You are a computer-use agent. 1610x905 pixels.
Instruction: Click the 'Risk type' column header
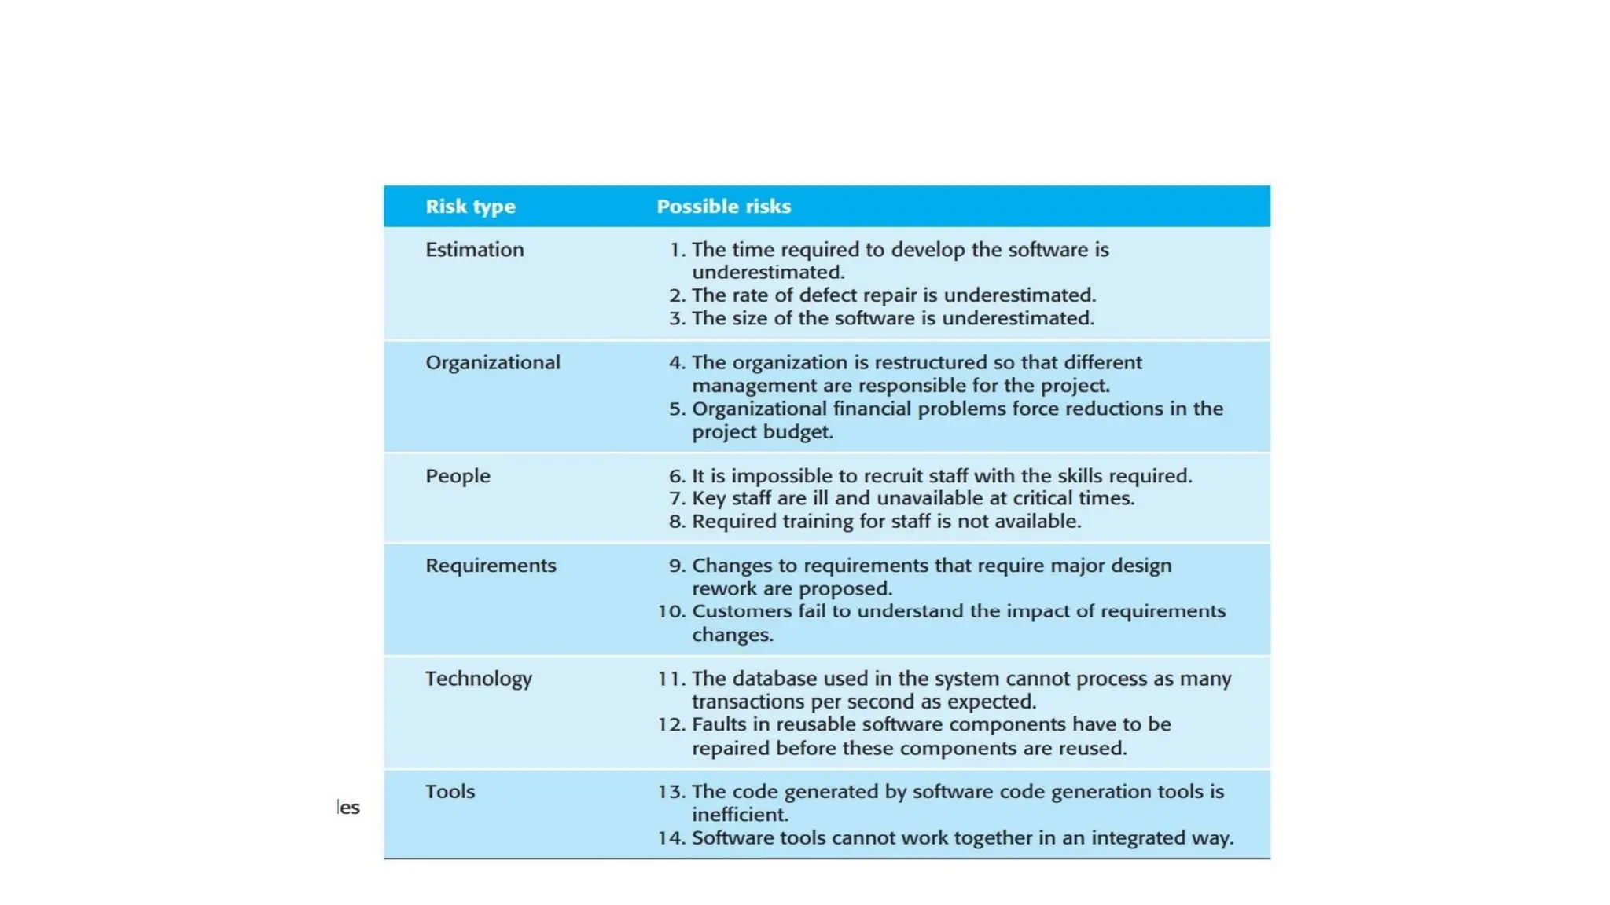[x=470, y=207]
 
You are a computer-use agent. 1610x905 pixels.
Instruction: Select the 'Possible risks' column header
[x=723, y=207]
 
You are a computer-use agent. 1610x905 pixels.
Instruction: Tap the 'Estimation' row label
[x=474, y=250]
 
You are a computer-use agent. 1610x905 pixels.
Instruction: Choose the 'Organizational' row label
[x=493, y=363]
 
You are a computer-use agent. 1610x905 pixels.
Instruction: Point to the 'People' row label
[x=458, y=476]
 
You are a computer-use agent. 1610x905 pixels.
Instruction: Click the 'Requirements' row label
[x=491, y=566]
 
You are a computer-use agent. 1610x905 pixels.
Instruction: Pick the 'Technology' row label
[x=479, y=679]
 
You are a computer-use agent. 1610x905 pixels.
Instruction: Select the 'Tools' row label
[x=450, y=792]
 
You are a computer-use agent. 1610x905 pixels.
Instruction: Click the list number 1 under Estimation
[x=676, y=250]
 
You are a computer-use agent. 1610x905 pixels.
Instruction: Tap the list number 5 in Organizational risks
[x=677, y=409]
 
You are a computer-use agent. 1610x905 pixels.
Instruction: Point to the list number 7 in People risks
[x=677, y=499]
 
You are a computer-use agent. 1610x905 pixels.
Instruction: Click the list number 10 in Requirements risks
[x=671, y=611]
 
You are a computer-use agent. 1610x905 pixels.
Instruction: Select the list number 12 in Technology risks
[x=671, y=724]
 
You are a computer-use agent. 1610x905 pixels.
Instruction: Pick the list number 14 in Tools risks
[x=671, y=838]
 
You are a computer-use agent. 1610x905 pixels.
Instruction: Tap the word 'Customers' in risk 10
[x=741, y=611]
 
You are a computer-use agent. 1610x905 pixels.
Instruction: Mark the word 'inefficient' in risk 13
[x=738, y=815]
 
